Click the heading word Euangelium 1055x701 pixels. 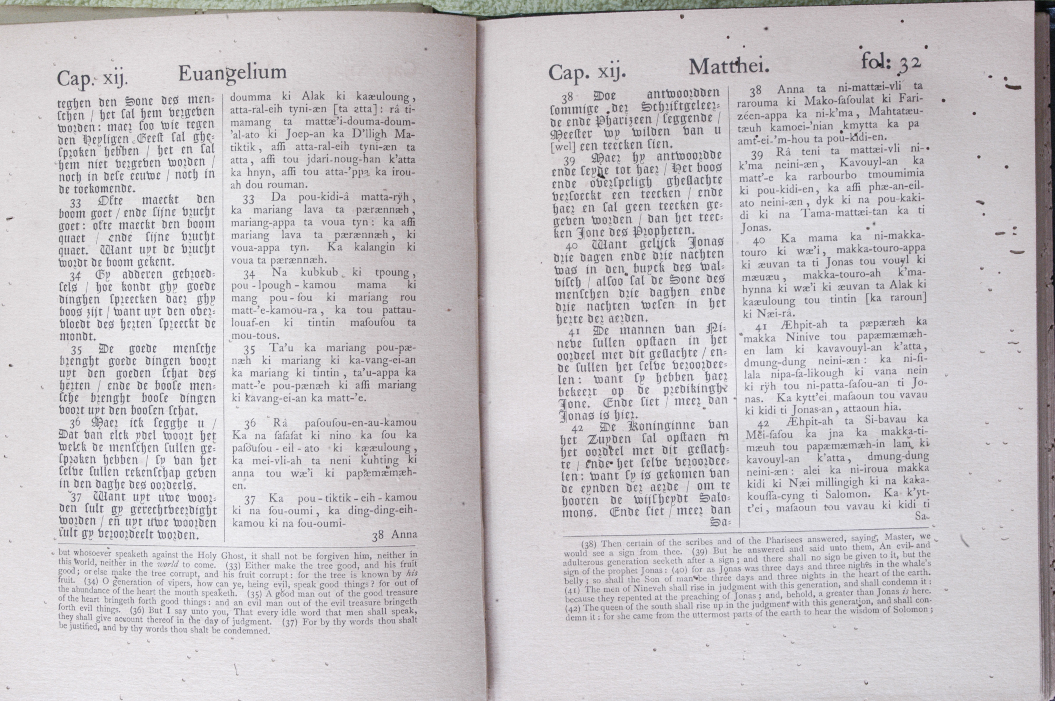(232, 73)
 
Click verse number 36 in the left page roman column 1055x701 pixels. (250, 423)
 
